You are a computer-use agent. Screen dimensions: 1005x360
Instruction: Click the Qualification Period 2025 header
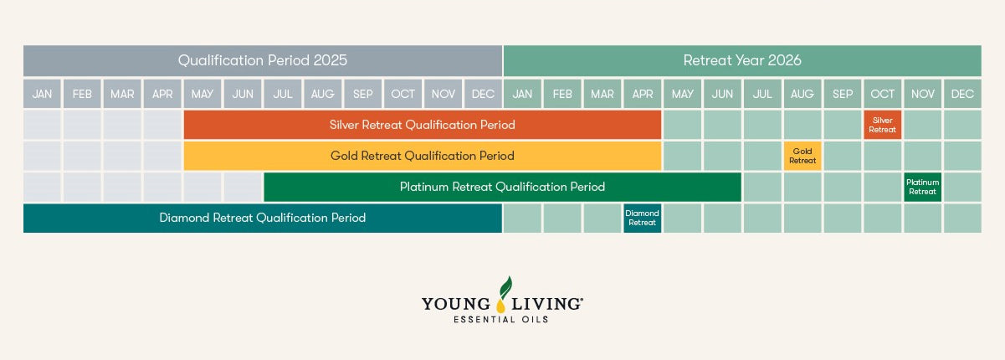pyautogui.click(x=263, y=60)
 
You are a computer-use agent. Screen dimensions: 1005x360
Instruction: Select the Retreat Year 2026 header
pyautogui.click(x=742, y=60)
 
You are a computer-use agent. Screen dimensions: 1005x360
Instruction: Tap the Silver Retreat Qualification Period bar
pyautogui.click(x=423, y=125)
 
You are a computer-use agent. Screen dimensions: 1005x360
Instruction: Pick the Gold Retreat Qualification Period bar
pyautogui.click(x=423, y=156)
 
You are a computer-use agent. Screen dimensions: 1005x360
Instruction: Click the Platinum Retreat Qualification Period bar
pyautogui.click(x=502, y=187)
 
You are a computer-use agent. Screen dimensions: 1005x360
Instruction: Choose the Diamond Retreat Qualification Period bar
pyautogui.click(x=263, y=219)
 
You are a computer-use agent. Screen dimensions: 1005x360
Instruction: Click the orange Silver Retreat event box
pyautogui.click(x=883, y=125)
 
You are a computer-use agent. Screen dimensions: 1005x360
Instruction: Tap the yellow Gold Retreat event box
pyautogui.click(x=802, y=156)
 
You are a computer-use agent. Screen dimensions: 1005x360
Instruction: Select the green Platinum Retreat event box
pyautogui.click(x=922, y=187)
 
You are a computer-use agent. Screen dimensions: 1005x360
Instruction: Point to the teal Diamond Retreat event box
pyautogui.click(x=643, y=219)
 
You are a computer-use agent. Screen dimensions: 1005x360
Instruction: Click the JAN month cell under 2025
pyautogui.click(x=42, y=94)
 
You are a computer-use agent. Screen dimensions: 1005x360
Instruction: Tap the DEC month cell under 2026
pyautogui.click(x=962, y=94)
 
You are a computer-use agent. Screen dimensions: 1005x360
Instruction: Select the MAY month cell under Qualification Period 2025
pyautogui.click(x=203, y=94)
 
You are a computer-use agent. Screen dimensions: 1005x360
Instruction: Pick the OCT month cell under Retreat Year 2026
pyautogui.click(x=883, y=94)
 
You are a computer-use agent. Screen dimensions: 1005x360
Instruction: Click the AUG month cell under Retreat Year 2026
pyautogui.click(x=802, y=94)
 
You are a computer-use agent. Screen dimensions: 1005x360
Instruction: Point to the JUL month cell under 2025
pyautogui.click(x=282, y=94)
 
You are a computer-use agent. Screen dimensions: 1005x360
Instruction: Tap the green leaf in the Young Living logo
pyautogui.click(x=505, y=287)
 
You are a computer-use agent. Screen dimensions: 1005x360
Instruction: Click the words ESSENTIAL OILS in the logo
pyautogui.click(x=501, y=320)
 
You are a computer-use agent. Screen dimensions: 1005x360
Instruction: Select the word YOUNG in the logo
pyautogui.click(x=456, y=304)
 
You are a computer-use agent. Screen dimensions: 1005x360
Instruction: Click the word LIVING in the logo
pyautogui.click(x=547, y=304)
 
